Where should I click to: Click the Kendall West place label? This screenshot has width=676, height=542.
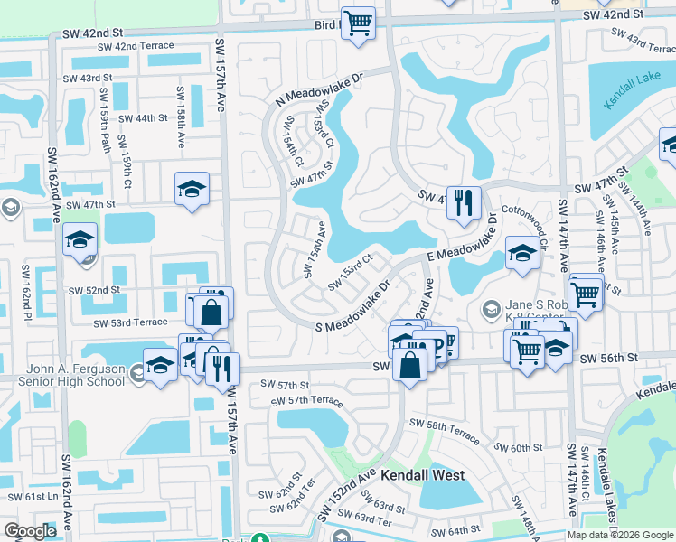422,475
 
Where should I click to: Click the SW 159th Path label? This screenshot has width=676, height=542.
105,126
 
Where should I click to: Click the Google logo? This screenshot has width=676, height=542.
30,531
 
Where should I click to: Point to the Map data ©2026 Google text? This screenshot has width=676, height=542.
620,535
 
